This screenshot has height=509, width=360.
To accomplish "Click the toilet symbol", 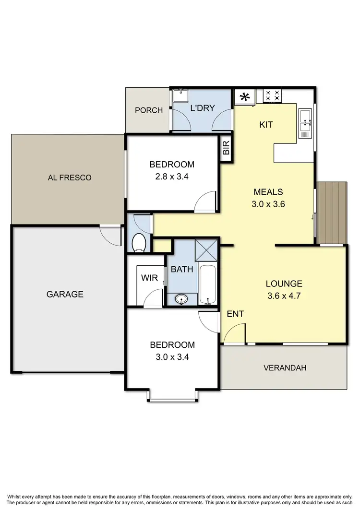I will (139, 242).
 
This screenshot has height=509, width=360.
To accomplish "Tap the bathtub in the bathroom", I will (208, 284).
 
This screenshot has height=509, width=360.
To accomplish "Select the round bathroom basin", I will (182, 299).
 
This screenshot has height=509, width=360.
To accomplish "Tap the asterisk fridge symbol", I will (245, 97).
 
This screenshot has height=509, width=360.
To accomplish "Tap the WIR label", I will (150, 278).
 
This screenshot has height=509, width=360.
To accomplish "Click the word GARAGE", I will (65, 294).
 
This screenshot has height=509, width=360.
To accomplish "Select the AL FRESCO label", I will (70, 178).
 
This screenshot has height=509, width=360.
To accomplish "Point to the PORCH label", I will (148, 110).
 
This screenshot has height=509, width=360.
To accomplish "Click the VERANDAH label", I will (285, 368).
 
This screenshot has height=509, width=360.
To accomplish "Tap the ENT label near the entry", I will (235, 314).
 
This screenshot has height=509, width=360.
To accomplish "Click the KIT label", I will (266, 125).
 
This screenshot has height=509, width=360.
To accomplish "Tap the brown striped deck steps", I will (332, 213).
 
